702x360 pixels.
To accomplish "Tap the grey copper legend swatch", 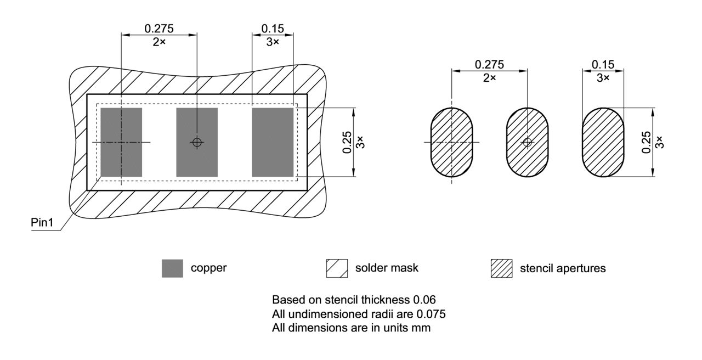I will click(172, 268).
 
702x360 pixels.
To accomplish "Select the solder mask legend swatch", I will click(337, 268).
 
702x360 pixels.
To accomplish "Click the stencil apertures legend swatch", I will click(501, 268).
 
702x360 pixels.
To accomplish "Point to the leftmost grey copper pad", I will click(121, 142).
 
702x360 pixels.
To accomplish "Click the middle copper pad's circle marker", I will click(197, 142).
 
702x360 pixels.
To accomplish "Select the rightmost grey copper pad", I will click(273, 142).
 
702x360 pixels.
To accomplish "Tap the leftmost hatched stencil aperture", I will click(451, 142).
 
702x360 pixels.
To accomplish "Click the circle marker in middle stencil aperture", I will click(527, 142).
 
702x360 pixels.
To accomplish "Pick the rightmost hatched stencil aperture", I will click(603, 142).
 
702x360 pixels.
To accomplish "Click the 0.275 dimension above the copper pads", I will click(158, 28).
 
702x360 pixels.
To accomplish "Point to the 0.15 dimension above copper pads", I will click(273, 28).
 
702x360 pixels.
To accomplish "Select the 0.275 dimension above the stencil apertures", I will click(489, 64).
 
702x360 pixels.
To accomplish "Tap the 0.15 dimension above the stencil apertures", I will click(603, 64).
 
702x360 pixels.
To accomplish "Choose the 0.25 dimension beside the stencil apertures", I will click(647, 142).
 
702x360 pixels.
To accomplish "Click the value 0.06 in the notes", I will click(426, 300).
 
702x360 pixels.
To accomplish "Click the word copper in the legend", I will click(209, 268).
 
